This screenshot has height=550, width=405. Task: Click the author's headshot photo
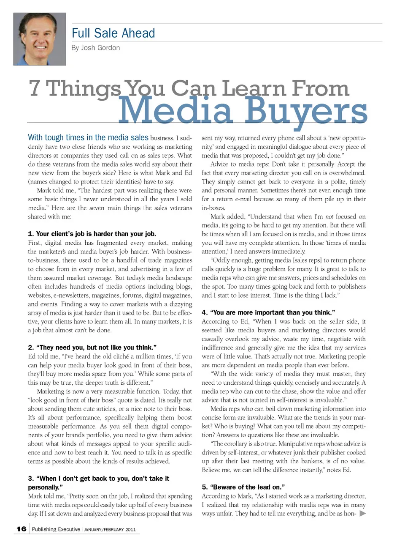pos(40,39)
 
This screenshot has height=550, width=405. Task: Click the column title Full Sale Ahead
pos(113,33)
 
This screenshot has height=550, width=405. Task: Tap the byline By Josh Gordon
pos(96,48)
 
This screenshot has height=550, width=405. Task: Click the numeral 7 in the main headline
pos(35,88)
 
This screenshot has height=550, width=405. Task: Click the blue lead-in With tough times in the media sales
pos(88,137)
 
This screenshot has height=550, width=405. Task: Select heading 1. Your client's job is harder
pos(92,234)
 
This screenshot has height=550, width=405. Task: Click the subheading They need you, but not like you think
pos(92,348)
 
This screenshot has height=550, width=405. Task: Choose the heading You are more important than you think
pos(268,312)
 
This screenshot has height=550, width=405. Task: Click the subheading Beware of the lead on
pos(243,487)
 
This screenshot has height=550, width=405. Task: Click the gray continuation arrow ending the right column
pos(362,514)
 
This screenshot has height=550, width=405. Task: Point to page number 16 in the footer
pos(22,529)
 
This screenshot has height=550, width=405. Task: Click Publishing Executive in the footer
pos(56,529)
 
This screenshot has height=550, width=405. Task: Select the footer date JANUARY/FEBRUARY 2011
pos(110,530)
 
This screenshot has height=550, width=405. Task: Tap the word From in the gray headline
pos(320,88)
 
